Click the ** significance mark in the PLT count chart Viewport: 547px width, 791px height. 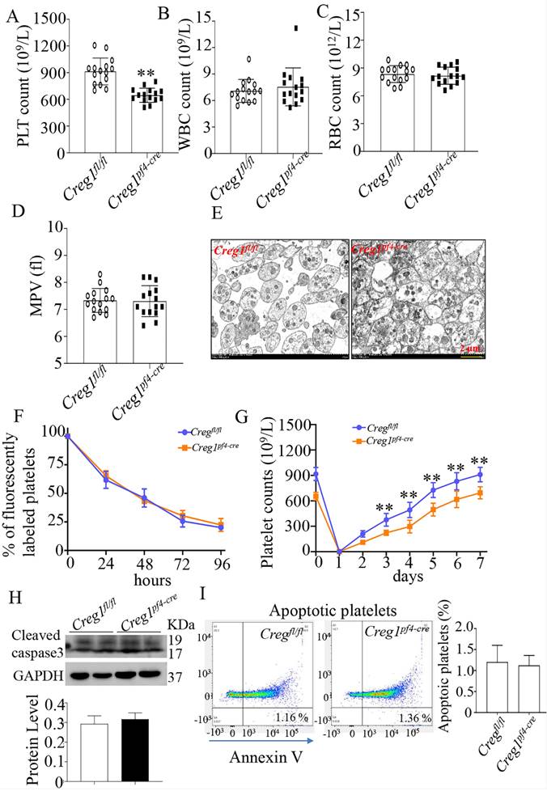pos(146,74)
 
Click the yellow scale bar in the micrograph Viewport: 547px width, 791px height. pos(472,355)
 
